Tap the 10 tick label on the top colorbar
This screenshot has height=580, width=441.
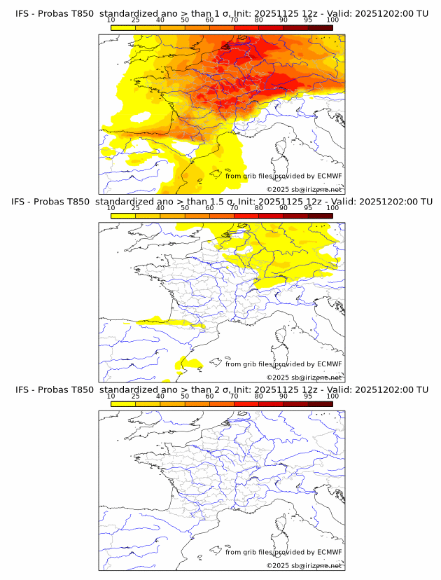(x=111, y=20)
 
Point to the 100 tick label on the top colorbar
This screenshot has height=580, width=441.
(x=332, y=20)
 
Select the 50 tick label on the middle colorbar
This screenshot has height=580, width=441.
(x=185, y=208)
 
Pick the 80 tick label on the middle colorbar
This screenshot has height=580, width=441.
(x=259, y=208)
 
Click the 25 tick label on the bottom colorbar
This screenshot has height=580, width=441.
(x=135, y=396)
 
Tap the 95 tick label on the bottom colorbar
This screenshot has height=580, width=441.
(x=308, y=396)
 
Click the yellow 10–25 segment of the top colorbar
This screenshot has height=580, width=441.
(x=123, y=27)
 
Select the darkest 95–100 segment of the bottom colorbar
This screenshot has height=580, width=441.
(x=320, y=403)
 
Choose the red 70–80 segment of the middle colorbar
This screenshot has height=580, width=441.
(x=246, y=215)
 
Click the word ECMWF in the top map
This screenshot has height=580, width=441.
(x=330, y=176)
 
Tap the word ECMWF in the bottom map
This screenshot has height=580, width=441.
(x=330, y=551)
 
